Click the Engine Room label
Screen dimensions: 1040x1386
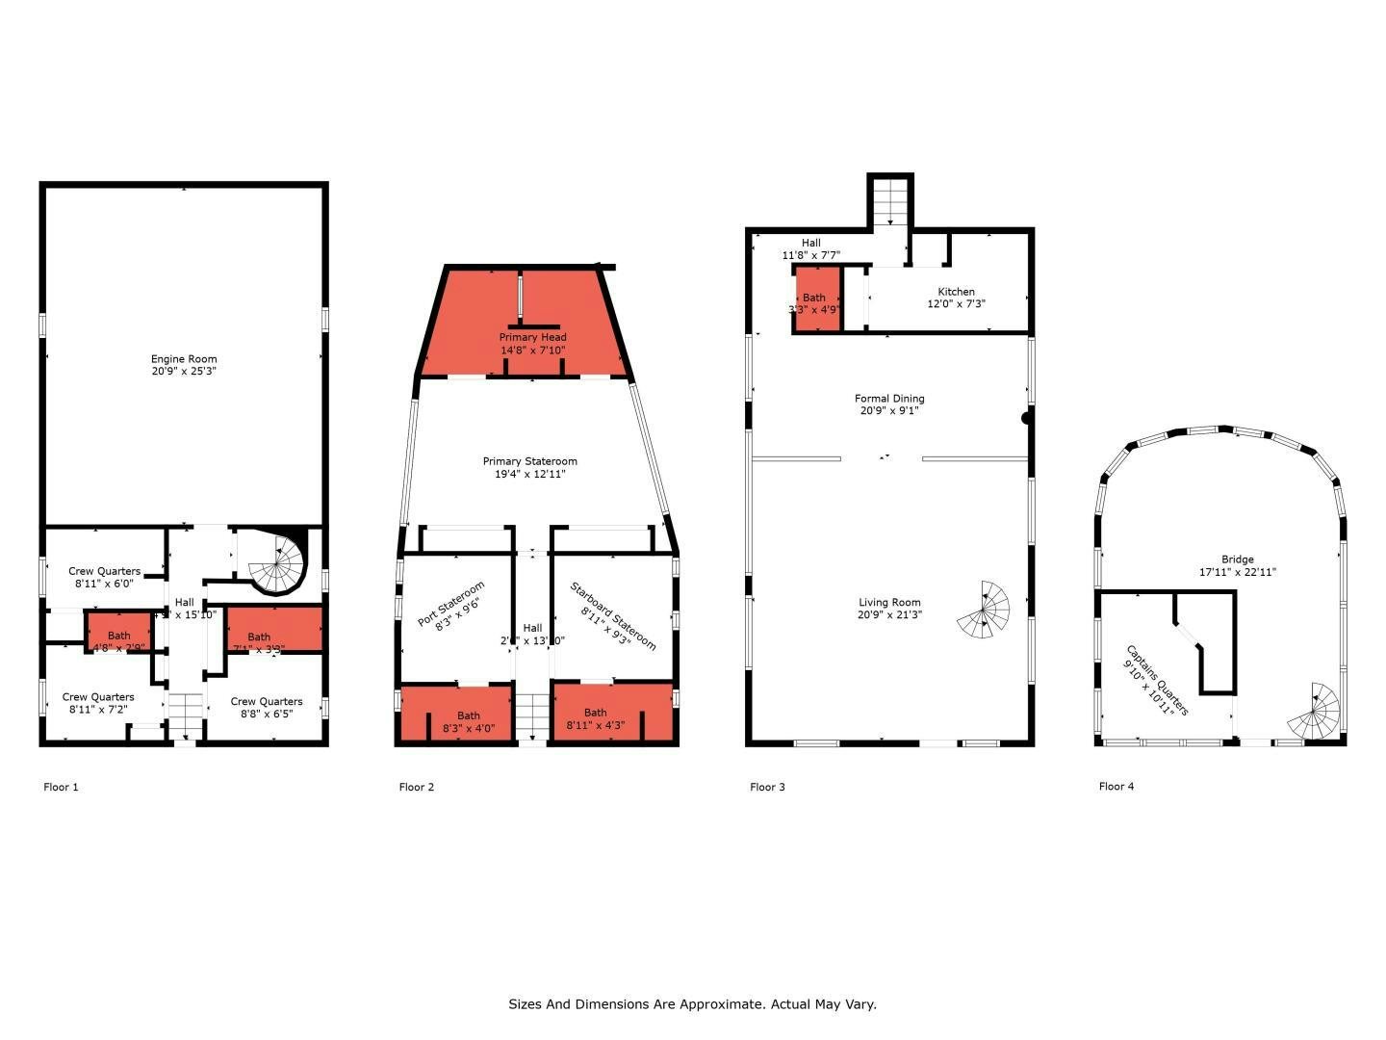[184, 359]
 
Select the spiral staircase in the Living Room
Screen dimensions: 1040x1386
[984, 609]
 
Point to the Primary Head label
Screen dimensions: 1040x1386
[532, 337]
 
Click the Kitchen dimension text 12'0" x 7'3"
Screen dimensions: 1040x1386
[956, 304]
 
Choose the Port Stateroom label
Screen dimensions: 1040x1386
[450, 605]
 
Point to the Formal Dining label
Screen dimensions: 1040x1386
[889, 398]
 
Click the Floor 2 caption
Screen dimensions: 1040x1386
[416, 787]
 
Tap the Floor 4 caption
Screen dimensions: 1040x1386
[1116, 786]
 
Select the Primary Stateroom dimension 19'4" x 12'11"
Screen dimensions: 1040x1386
[529, 474]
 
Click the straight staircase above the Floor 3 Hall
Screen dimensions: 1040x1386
[890, 201]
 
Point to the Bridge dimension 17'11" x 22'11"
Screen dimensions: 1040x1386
[1237, 572]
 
